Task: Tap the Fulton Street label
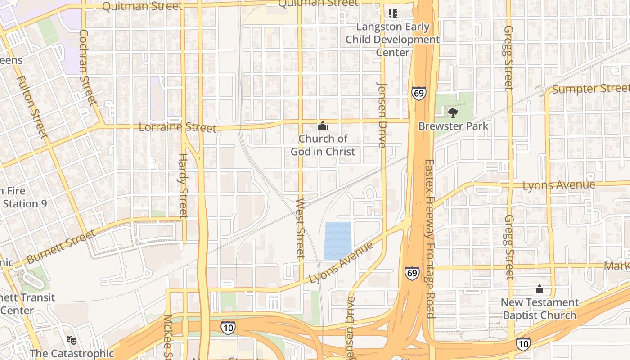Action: coord(32,107)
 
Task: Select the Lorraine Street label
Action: coord(177,127)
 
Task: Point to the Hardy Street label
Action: coord(183,186)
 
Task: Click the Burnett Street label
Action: coord(61,247)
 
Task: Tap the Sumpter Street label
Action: coord(590,89)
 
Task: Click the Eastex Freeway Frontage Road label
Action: coord(430,238)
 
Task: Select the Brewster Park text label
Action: coord(453,126)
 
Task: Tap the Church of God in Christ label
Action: coord(323,145)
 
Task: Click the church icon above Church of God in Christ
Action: coord(323,126)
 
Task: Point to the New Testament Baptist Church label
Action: coord(540,309)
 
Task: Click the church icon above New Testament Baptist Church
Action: coord(539,289)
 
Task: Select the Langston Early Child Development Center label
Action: coord(392,40)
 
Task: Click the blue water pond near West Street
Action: coord(337,240)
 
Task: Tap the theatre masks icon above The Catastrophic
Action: coord(71,339)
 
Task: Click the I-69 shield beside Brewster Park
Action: coord(418,94)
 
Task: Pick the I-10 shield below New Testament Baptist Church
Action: coord(523,344)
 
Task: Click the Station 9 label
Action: coord(25,204)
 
